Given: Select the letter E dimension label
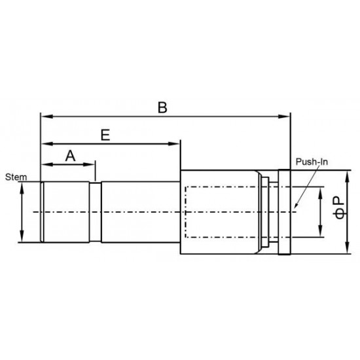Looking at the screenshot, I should pos(105,134).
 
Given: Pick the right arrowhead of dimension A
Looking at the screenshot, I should pos(92,164).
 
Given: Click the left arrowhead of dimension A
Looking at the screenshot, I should pos(45,164).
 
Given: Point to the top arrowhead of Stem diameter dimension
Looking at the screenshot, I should pos(22,186).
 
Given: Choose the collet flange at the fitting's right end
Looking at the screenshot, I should pos(284,213).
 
